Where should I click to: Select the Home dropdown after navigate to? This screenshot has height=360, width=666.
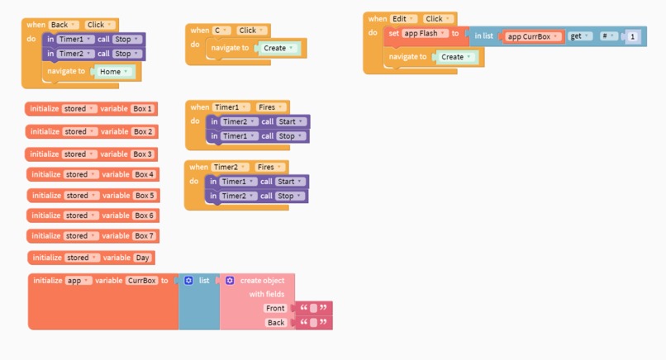click(114, 72)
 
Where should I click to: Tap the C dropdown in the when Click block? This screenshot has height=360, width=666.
click(221, 31)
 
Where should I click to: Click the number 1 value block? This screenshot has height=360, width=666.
click(633, 36)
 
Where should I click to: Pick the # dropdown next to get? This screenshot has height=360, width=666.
click(608, 36)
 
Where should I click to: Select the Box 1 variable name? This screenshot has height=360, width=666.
click(143, 109)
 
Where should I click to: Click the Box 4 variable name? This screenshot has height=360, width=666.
click(144, 174)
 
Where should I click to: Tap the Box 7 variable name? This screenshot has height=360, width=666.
click(144, 236)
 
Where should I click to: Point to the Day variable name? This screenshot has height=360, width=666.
click(143, 258)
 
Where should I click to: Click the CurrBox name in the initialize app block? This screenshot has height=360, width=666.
click(141, 281)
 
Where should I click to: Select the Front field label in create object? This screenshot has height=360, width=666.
click(275, 308)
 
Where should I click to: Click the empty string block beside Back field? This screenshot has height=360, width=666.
click(312, 323)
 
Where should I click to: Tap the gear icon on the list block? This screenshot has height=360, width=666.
click(188, 281)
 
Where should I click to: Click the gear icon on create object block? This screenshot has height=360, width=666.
click(230, 281)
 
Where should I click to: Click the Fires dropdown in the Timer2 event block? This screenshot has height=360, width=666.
click(269, 167)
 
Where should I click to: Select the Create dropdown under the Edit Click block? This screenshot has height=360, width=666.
click(456, 57)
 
